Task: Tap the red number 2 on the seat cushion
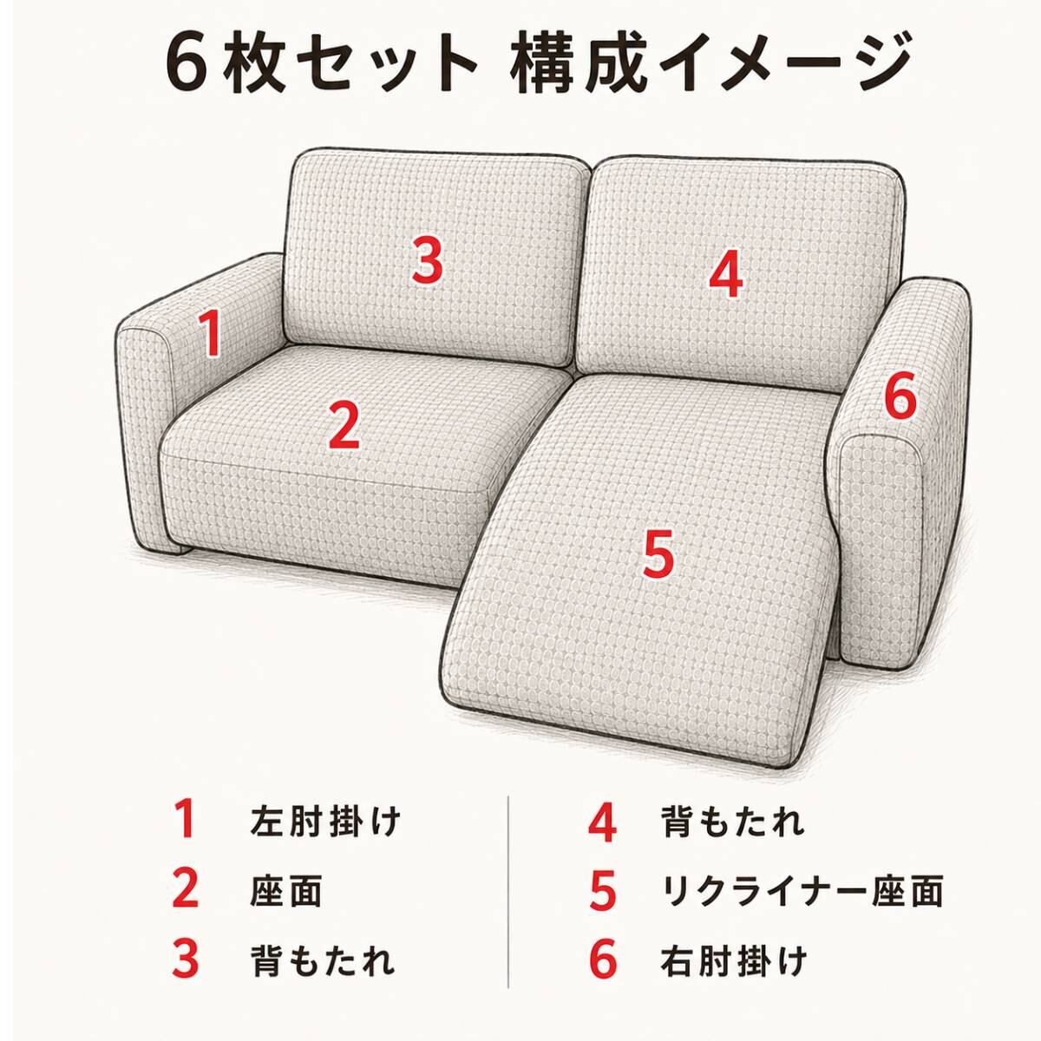(344, 426)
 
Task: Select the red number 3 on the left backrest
(428, 261)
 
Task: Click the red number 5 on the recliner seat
(658, 553)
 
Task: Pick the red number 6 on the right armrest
(900, 396)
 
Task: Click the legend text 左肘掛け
(325, 822)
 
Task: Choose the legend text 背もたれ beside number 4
(732, 822)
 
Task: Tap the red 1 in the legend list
(186, 822)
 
